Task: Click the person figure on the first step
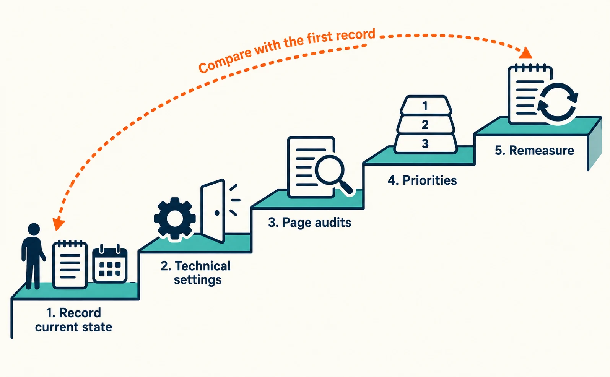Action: click(x=33, y=256)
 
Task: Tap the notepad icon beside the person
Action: click(x=70, y=264)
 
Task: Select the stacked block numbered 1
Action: click(x=426, y=105)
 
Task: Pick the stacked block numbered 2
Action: click(x=426, y=124)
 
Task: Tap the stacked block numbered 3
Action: click(x=426, y=143)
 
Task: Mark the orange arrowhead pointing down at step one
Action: click(x=59, y=224)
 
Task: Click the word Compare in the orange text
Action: click(x=225, y=61)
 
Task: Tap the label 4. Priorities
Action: click(x=422, y=180)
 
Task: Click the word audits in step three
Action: click(x=333, y=223)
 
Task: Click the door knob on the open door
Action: click(x=217, y=213)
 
